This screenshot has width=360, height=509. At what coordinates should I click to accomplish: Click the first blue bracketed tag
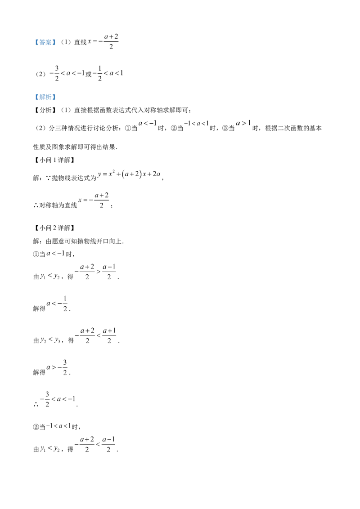coord(45,42)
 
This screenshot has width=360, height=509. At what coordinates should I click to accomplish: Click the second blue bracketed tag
coord(45,97)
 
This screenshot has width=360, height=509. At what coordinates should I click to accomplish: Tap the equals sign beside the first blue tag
coord(94,42)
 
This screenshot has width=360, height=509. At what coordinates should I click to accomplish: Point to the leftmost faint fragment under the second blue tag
coord(146,122)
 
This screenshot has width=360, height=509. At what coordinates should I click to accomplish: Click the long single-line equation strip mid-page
coord(130,175)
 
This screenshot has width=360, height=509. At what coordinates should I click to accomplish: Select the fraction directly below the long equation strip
coord(103,200)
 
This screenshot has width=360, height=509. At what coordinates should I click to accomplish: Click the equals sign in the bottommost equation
coord(75,444)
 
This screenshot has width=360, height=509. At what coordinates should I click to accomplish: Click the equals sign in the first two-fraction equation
coord(76,272)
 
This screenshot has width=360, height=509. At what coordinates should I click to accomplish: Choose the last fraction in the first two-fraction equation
coord(109,272)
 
